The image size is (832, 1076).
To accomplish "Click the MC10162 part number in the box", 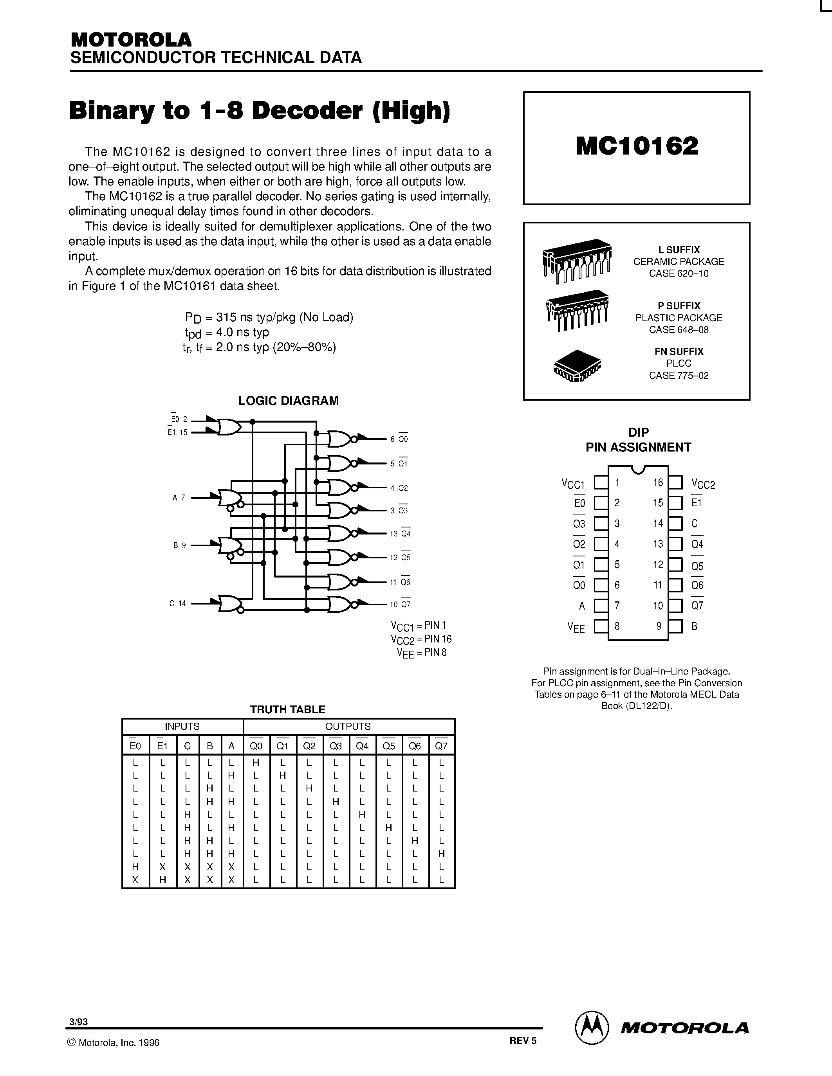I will [636, 146].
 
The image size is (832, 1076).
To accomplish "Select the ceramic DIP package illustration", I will [577, 261].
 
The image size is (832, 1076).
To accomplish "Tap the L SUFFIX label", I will [679, 250].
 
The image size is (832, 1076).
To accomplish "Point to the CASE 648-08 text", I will [679, 329].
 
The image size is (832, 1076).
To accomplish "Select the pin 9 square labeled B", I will [675, 626].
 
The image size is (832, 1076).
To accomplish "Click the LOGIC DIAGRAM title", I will [288, 401].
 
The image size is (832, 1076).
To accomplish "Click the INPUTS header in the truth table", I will [182, 726].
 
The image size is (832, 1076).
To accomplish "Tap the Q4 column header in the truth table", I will [362, 746].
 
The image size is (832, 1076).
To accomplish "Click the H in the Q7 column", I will [441, 853].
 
